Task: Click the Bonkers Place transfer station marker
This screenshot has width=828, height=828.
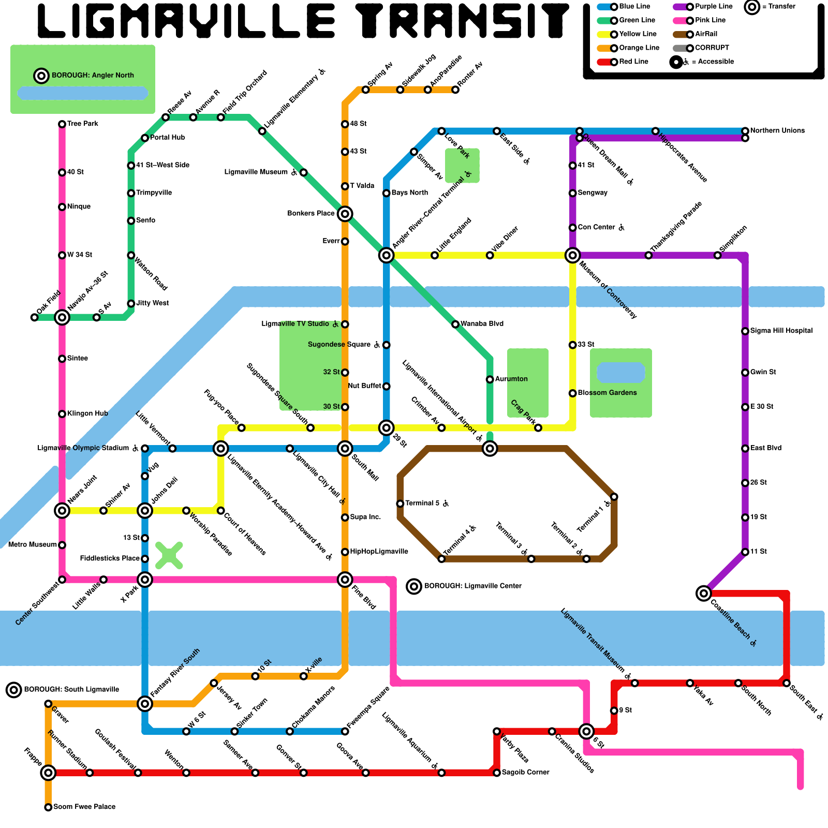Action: (345, 214)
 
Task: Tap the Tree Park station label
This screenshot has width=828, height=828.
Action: (82, 124)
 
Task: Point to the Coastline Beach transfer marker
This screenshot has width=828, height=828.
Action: (703, 593)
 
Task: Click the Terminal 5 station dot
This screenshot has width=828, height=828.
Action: (400, 504)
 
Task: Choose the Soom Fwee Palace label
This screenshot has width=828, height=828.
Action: (84, 807)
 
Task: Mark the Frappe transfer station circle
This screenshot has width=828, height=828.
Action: (48, 773)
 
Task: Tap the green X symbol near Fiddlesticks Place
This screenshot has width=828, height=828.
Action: (169, 555)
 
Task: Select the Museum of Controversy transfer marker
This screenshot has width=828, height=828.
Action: (572, 255)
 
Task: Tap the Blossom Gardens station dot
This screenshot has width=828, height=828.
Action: (572, 393)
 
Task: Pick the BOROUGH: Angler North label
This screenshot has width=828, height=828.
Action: (93, 76)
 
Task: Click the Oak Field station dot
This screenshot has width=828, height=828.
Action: (34, 317)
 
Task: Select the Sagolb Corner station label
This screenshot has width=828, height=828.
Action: (525, 772)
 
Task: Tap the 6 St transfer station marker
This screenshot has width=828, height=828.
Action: (586, 731)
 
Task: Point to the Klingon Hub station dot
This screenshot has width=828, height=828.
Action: (62, 414)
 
